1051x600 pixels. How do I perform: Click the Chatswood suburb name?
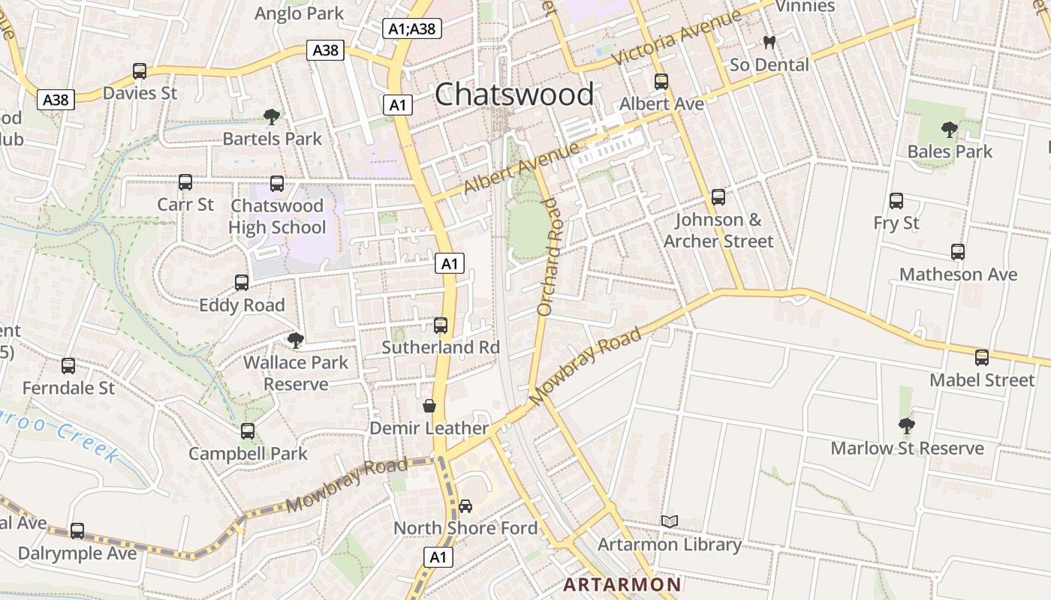[514, 94]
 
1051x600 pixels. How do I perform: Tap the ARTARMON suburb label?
[622, 584]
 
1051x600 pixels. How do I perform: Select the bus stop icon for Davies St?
[140, 71]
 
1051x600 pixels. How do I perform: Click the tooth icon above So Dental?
[769, 43]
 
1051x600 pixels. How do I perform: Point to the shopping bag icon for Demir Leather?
[429, 406]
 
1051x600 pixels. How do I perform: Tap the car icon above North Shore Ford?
[465, 506]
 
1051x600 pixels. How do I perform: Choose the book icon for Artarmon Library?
[670, 521]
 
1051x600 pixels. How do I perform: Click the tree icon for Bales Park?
[950, 130]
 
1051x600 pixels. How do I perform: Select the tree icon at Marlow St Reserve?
[907, 426]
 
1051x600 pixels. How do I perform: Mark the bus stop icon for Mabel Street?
[982, 358]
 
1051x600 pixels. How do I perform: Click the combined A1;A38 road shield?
[412, 28]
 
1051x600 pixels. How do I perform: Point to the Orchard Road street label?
[550, 256]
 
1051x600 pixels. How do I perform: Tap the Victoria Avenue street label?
[676, 35]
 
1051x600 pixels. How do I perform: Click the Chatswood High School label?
[277, 217]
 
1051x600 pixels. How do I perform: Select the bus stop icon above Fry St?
[896, 201]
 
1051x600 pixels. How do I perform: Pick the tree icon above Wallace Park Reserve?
[296, 340]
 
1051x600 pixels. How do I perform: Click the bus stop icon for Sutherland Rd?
[441, 325]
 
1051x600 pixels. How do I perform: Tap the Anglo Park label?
[299, 13]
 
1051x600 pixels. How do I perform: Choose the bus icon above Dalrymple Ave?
[77, 531]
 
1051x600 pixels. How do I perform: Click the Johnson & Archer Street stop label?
[718, 230]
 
